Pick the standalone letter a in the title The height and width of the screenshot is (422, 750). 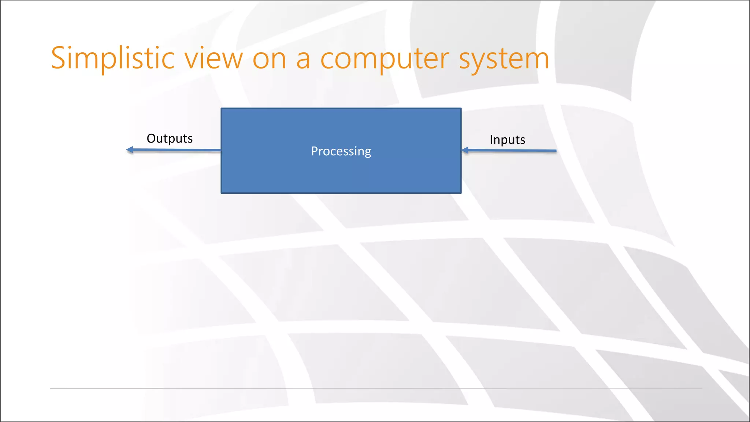pos(303,60)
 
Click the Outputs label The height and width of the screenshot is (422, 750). pos(170,138)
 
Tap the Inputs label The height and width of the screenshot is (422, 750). pos(507,140)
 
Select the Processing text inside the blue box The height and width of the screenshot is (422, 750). pos(341,151)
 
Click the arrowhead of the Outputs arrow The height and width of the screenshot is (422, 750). pos(129,149)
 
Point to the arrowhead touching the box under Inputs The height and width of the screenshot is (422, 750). pos(465,150)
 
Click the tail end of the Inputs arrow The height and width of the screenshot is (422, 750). pos(555,151)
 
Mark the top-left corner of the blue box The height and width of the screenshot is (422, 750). pos(222,109)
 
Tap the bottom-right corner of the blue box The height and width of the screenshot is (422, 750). pos(461,193)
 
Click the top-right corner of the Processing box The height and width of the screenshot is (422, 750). pos(461,109)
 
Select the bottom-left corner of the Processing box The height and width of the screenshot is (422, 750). pos(222,193)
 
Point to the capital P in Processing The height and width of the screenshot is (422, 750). pos(314,151)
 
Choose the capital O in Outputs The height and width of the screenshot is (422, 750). pos(151,138)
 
